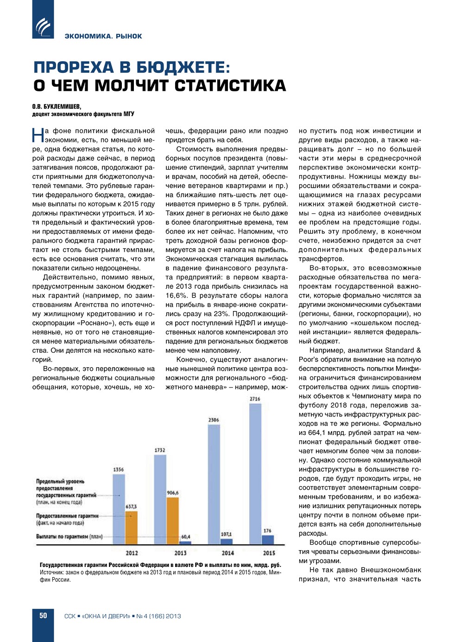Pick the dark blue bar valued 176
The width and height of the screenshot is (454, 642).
268,539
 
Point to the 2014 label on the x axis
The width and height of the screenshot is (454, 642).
227,553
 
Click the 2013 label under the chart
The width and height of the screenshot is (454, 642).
180,553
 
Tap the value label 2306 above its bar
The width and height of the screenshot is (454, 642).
214,420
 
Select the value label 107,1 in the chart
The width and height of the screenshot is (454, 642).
226,534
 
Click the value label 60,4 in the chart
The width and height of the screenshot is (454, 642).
185,537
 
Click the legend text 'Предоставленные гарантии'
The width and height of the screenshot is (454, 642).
67,516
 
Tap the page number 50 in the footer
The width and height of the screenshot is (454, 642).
43,616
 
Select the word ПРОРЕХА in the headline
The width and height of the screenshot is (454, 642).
74,67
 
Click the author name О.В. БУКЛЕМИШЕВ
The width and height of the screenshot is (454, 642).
57,107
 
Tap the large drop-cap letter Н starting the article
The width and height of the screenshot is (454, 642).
38,135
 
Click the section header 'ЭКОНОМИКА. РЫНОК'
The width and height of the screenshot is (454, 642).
103,36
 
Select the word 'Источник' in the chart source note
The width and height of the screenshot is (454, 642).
51,572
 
